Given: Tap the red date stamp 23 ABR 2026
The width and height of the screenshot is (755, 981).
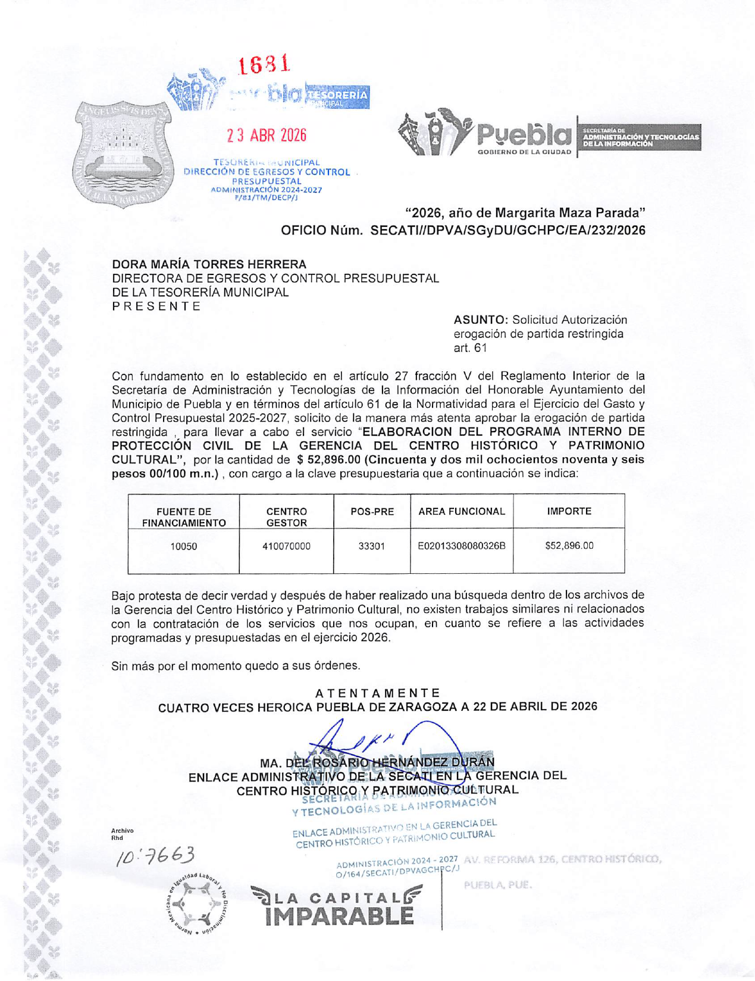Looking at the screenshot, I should pyautogui.click(x=267, y=136).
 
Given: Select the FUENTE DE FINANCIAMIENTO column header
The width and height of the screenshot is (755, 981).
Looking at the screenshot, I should pyautogui.click(x=184, y=517).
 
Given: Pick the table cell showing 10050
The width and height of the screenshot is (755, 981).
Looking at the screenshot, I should pyautogui.click(x=184, y=546).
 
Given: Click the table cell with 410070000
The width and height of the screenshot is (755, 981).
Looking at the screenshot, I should pyautogui.click(x=286, y=546).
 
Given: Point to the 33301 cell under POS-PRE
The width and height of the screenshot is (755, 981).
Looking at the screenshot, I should pyautogui.click(x=371, y=546).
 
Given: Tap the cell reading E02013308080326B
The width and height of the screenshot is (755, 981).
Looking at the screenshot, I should pyautogui.click(x=462, y=546).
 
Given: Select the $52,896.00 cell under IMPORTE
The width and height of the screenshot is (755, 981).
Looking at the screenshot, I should pyautogui.click(x=569, y=546).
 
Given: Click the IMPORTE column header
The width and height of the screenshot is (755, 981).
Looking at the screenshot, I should pyautogui.click(x=569, y=511).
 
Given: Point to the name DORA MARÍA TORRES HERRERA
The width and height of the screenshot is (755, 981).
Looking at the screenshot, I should pyautogui.click(x=209, y=264).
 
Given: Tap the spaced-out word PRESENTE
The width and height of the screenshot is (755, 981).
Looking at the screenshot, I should pyautogui.click(x=156, y=307).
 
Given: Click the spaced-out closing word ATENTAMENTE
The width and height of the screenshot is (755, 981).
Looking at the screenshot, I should pyautogui.click(x=377, y=693).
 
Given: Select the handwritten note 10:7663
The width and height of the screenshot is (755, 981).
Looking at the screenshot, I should pyautogui.click(x=156, y=856).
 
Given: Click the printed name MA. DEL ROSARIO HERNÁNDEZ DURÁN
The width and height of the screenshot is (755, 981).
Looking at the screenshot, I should pyautogui.click(x=377, y=763).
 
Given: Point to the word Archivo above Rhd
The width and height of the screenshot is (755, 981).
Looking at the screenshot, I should pyautogui.click(x=123, y=830).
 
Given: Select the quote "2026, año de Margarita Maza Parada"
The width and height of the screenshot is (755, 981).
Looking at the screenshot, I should pyautogui.click(x=525, y=213).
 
